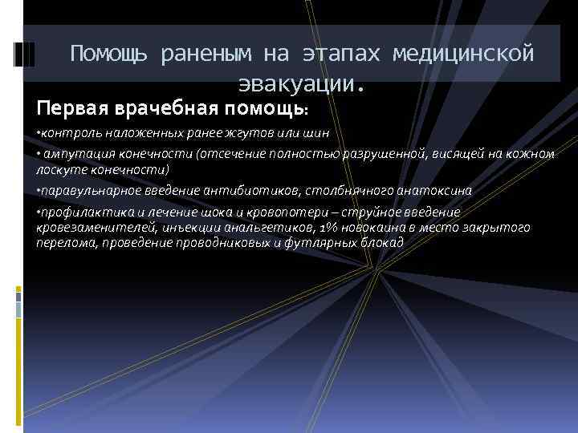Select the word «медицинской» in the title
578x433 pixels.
(463, 54)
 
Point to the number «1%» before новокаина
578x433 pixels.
(330, 228)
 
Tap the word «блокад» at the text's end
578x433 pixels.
(385, 242)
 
